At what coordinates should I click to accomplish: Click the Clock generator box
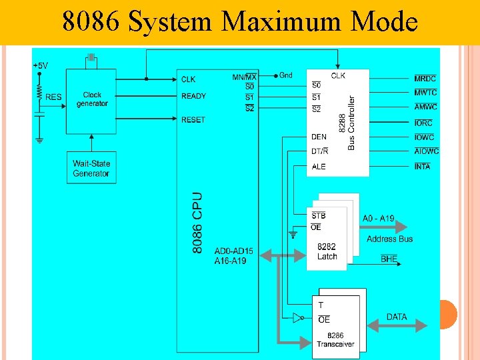tap(92, 100)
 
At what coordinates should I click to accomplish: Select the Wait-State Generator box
tap(91, 169)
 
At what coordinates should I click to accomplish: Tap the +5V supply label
tap(40, 65)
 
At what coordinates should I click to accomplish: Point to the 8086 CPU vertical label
tap(198, 223)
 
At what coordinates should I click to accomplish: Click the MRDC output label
tap(425, 79)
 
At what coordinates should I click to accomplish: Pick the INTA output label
tap(423, 166)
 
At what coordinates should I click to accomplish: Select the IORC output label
tap(423, 123)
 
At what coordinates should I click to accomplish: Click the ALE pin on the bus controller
tap(319, 166)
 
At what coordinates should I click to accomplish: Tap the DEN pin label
tap(319, 137)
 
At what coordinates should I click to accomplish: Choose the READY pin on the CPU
tap(193, 96)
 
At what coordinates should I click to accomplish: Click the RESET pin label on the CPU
tap(193, 119)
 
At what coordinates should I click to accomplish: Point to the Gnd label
tap(286, 75)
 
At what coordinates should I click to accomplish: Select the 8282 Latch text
tap(327, 251)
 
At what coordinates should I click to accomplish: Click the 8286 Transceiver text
tap(335, 340)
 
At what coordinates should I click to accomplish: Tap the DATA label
tap(397, 317)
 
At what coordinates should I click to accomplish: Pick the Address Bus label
tap(389, 239)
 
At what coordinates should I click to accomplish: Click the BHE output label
tap(389, 259)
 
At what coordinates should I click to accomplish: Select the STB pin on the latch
tap(319, 215)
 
